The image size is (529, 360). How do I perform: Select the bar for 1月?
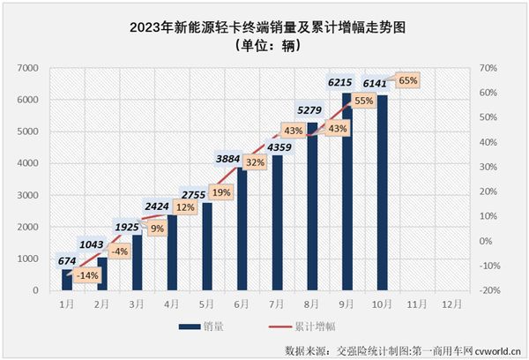click(x=67, y=281)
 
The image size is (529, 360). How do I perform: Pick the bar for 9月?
click(x=346, y=194)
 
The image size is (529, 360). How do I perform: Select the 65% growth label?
click(x=408, y=80)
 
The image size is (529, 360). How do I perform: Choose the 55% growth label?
click(x=363, y=101)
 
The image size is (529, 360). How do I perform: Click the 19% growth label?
click(x=220, y=191)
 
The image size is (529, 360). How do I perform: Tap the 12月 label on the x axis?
click(x=451, y=304)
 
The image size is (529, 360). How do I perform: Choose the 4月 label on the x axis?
click(x=172, y=304)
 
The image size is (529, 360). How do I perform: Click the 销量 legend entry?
click(x=203, y=326)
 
